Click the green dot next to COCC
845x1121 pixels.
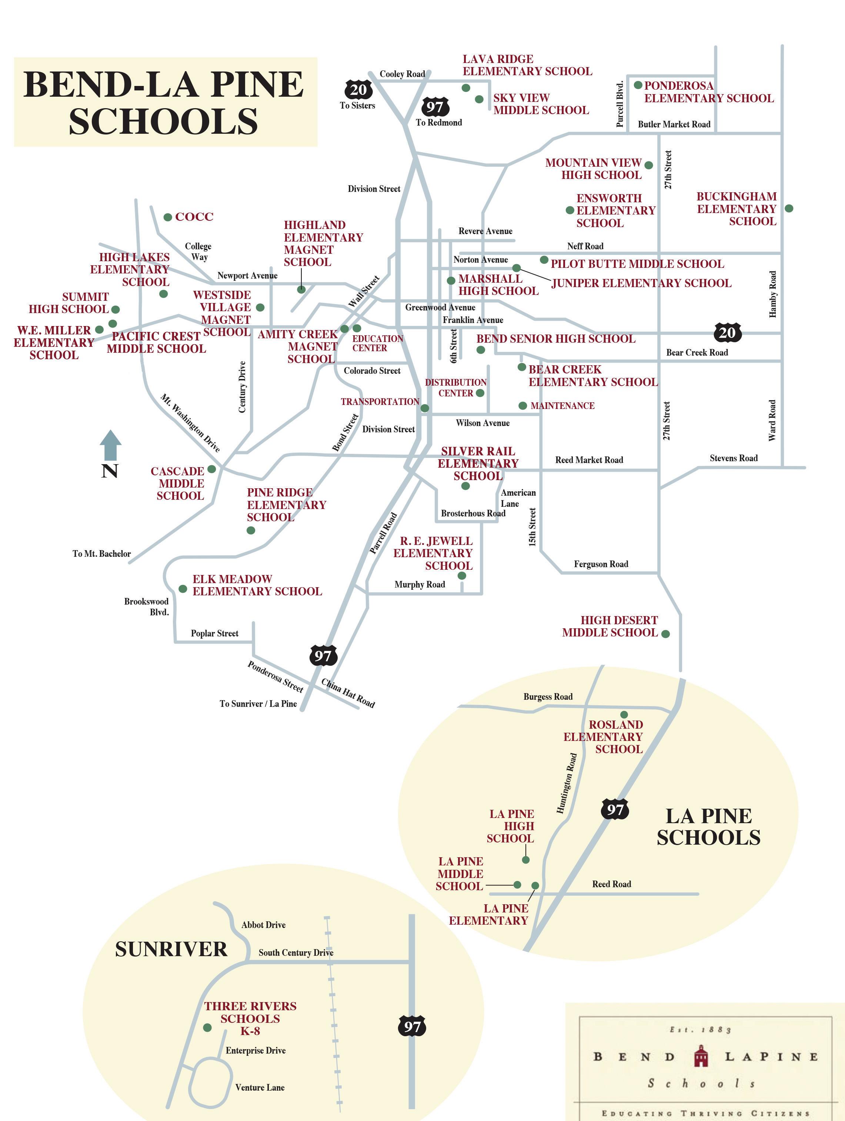[168, 217]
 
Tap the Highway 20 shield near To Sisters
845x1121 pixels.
[358, 90]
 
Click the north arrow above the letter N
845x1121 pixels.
[110, 445]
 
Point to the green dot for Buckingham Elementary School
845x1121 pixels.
[789, 208]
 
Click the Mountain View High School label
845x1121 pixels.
[593, 169]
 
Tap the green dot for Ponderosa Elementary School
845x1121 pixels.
[638, 85]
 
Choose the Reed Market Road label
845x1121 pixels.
[589, 460]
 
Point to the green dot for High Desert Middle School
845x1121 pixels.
[666, 633]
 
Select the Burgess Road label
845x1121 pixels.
[548, 697]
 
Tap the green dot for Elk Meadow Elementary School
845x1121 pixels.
[183, 589]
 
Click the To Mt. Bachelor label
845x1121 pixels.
[101, 554]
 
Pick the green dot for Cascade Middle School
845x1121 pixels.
[212, 469]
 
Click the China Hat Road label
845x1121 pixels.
[348, 693]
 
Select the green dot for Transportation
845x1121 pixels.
[425, 408]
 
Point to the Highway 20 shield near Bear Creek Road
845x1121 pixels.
[727, 333]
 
